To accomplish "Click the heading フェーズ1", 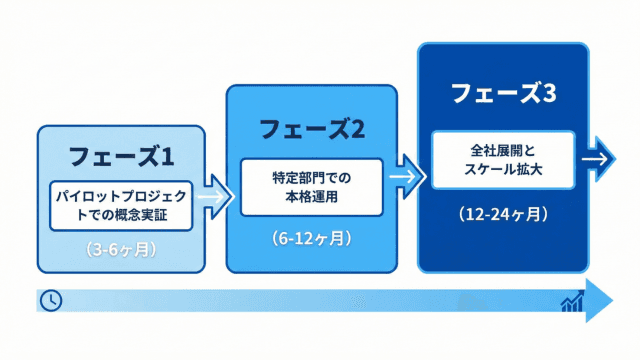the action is click(121, 156).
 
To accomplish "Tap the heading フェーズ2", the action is click(312, 129).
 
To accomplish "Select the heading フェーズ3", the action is click(503, 93).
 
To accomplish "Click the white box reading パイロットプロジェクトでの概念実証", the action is click(121, 206).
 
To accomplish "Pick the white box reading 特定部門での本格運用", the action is click(312, 187).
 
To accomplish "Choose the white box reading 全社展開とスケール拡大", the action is click(503, 160).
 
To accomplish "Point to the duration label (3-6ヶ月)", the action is click(121, 250).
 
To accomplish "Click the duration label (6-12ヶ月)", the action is click(312, 238).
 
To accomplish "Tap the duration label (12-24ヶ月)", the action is click(503, 214).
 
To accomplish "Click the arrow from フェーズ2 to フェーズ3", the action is click(407, 177).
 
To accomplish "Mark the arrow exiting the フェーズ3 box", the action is click(598, 159).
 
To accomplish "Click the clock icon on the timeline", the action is click(51, 301).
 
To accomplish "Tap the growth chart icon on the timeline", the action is click(572, 301).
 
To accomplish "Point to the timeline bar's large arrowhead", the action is click(599, 301).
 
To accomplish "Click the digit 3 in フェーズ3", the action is click(549, 93).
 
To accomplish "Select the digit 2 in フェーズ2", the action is click(357, 130).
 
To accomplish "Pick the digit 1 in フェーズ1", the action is click(168, 157).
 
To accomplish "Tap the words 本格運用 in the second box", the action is click(312, 197).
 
